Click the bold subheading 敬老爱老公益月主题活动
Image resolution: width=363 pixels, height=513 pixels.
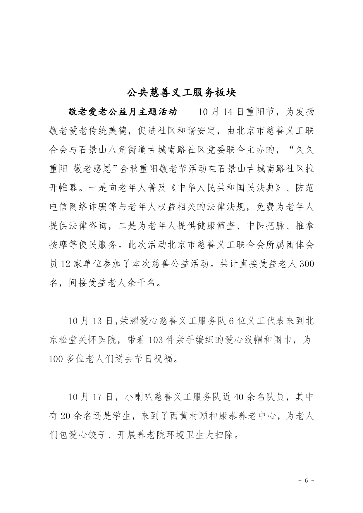(x=123, y=112)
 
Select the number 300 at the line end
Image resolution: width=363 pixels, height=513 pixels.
(x=307, y=264)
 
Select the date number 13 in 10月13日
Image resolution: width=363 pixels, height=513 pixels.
(x=95, y=321)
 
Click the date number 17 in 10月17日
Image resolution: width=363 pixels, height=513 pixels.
(x=95, y=397)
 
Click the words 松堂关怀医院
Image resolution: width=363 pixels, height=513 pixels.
(x=87, y=340)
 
